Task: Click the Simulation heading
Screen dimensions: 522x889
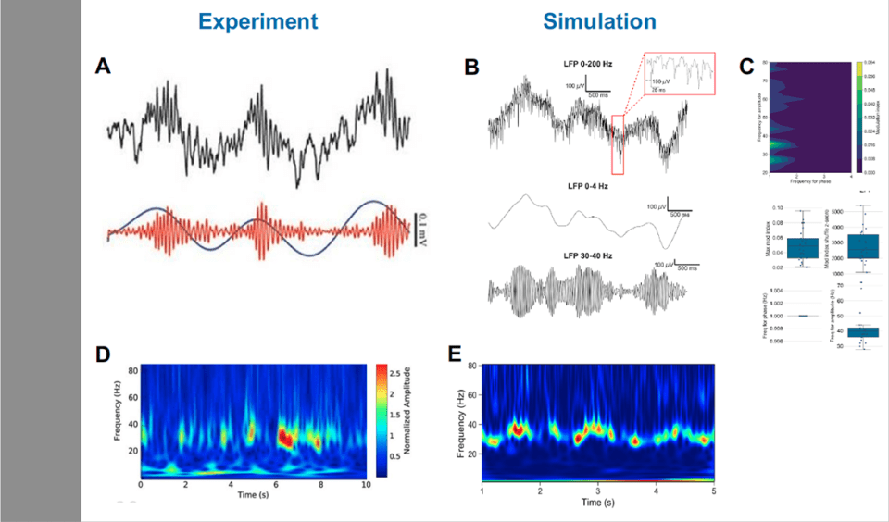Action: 599,21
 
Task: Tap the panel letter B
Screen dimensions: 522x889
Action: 471,67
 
